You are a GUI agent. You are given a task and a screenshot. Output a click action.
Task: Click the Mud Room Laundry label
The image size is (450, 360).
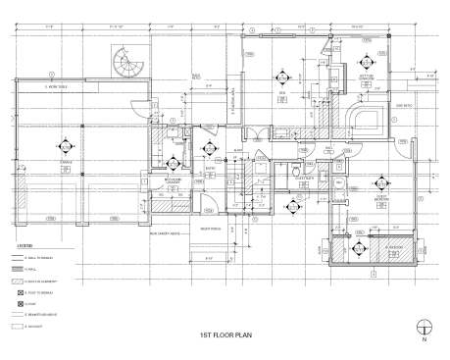click(174, 182)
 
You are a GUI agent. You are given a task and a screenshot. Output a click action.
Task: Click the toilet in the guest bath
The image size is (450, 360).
click(296, 173)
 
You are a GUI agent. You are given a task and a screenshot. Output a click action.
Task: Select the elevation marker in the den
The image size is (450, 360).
click(285, 78)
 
